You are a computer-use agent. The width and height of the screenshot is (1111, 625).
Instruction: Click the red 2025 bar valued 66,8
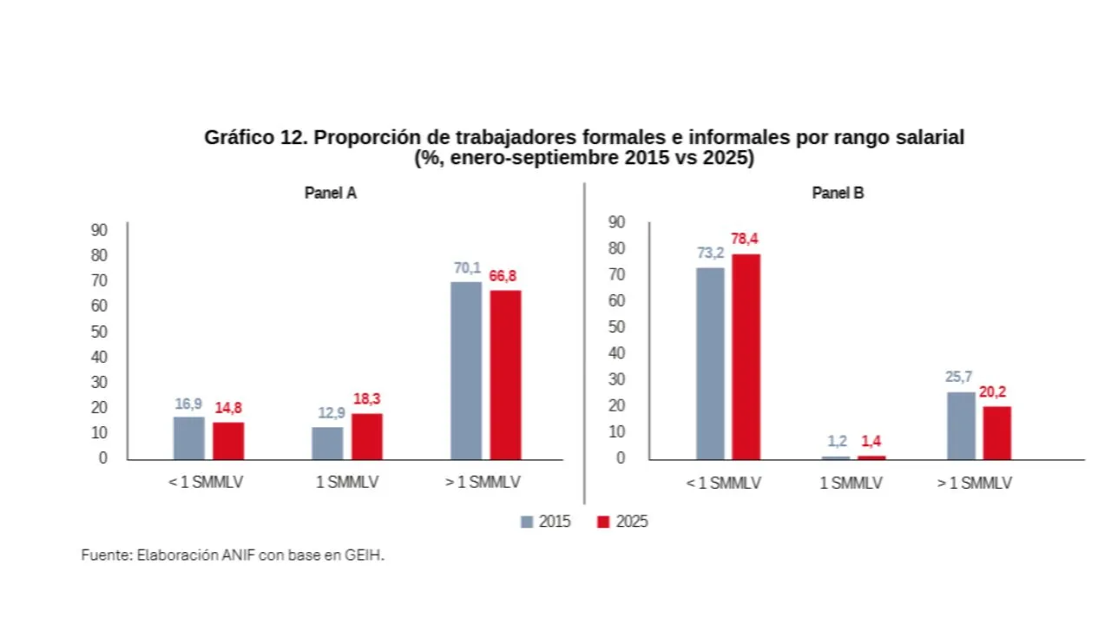pos(505,375)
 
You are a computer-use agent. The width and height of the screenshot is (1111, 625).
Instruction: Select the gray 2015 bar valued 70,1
pos(466,371)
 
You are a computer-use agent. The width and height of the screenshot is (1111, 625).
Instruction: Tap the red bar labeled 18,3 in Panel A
pos(366,437)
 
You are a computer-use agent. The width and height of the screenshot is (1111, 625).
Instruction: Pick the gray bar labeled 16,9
pos(188,438)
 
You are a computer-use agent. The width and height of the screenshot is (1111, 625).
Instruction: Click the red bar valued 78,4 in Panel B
pos(746,357)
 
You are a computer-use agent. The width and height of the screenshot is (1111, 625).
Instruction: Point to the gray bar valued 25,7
pos(961,425)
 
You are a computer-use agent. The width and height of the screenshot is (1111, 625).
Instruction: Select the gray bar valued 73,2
pos(710,364)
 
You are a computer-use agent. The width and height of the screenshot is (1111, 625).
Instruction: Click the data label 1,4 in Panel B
pos(871,441)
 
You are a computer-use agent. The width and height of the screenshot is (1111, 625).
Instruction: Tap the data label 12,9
pos(327,412)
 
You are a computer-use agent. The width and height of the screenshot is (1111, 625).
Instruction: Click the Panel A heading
pos(330,194)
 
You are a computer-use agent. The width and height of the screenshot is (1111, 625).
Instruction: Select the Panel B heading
pos(838,194)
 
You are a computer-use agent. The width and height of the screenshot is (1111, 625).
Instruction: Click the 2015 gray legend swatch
pos(527,522)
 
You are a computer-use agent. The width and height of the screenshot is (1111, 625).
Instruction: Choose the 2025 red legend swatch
pos(604,522)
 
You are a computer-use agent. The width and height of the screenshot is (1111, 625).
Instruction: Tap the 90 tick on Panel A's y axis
pos(98,230)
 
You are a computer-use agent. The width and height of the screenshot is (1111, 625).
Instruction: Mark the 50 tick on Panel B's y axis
pos(617,327)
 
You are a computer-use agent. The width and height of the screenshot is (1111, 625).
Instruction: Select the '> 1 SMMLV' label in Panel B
pos(974,484)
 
